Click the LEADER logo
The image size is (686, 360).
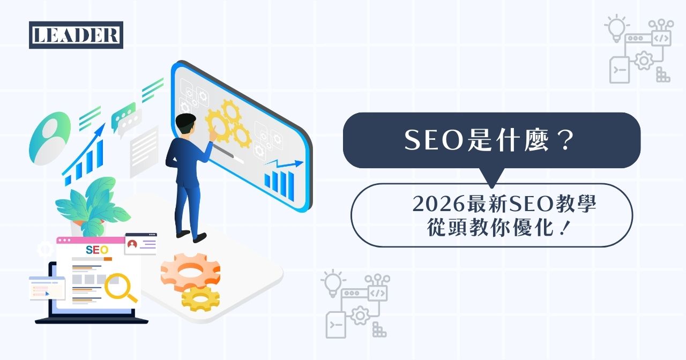point(76,35)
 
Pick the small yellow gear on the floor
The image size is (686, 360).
point(200,298)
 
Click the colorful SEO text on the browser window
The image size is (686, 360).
point(97,250)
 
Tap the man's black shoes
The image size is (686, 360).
point(191,236)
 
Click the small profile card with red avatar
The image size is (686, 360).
point(140,244)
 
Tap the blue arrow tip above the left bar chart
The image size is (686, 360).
point(101,129)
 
